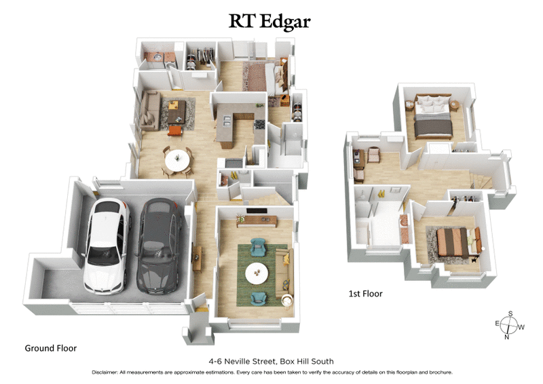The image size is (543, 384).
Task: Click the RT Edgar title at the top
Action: click(x=269, y=21)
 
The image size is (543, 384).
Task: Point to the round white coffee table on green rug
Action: click(x=257, y=273)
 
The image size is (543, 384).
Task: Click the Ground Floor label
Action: click(x=51, y=348)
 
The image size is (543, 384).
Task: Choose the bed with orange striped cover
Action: click(x=451, y=242)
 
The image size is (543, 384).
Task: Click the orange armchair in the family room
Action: click(x=175, y=128)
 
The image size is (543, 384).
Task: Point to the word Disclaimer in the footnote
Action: click(x=109, y=372)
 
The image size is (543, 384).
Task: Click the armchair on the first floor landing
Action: click(x=372, y=156)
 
